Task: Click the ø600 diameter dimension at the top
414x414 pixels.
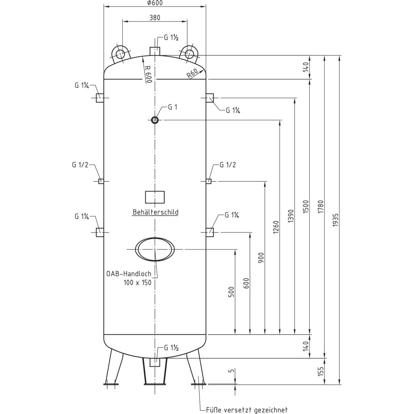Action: (x=155, y=3)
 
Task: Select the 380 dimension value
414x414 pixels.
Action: (x=155, y=17)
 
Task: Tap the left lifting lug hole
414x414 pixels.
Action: (x=120, y=54)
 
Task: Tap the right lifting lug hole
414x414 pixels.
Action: (x=189, y=54)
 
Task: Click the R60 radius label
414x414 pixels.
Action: (x=192, y=73)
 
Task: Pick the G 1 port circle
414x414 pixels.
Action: (x=155, y=120)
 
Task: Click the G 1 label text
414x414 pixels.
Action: (x=172, y=107)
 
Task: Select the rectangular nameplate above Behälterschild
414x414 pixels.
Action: (x=155, y=197)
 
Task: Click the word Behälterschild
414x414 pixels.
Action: (x=156, y=212)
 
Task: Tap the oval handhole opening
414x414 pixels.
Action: (x=155, y=249)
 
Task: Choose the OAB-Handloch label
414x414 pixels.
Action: (x=129, y=274)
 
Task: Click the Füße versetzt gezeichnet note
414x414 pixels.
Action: (x=246, y=410)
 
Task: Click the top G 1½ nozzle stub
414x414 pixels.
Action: (x=155, y=51)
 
